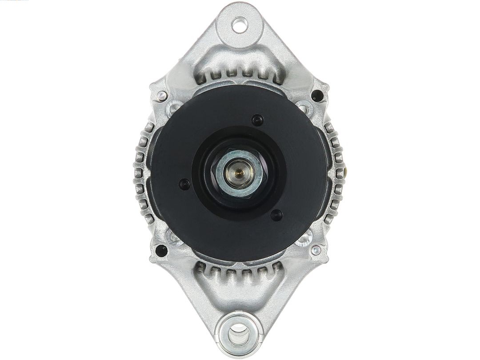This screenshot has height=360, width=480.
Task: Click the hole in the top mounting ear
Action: pyautogui.click(x=240, y=24)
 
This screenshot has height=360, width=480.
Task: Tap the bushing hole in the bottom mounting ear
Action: pyautogui.click(x=239, y=331)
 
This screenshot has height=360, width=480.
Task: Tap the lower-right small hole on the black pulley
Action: pyautogui.click(x=276, y=215)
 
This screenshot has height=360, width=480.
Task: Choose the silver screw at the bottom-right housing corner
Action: pyautogui.click(x=316, y=250)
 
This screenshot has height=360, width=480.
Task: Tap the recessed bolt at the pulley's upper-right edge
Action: pyautogui.click(x=304, y=107)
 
